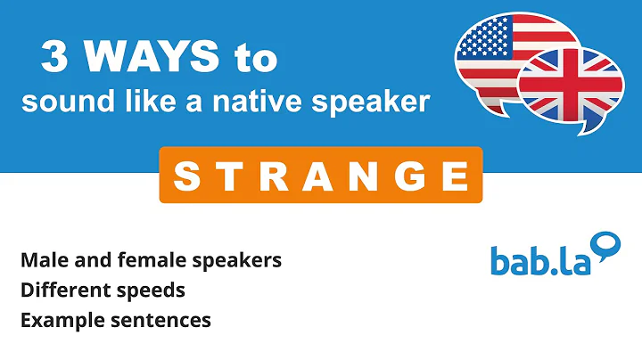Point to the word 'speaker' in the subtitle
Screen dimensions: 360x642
click(x=380, y=103)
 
